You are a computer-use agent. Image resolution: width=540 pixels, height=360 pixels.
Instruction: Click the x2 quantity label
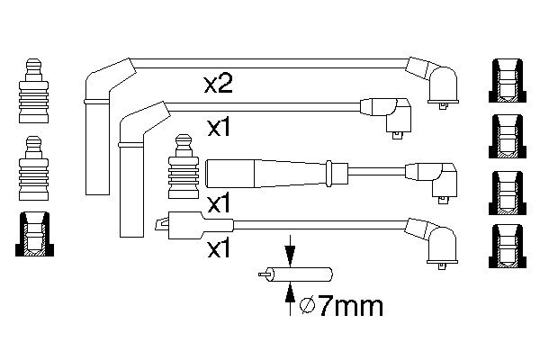(219, 85)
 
